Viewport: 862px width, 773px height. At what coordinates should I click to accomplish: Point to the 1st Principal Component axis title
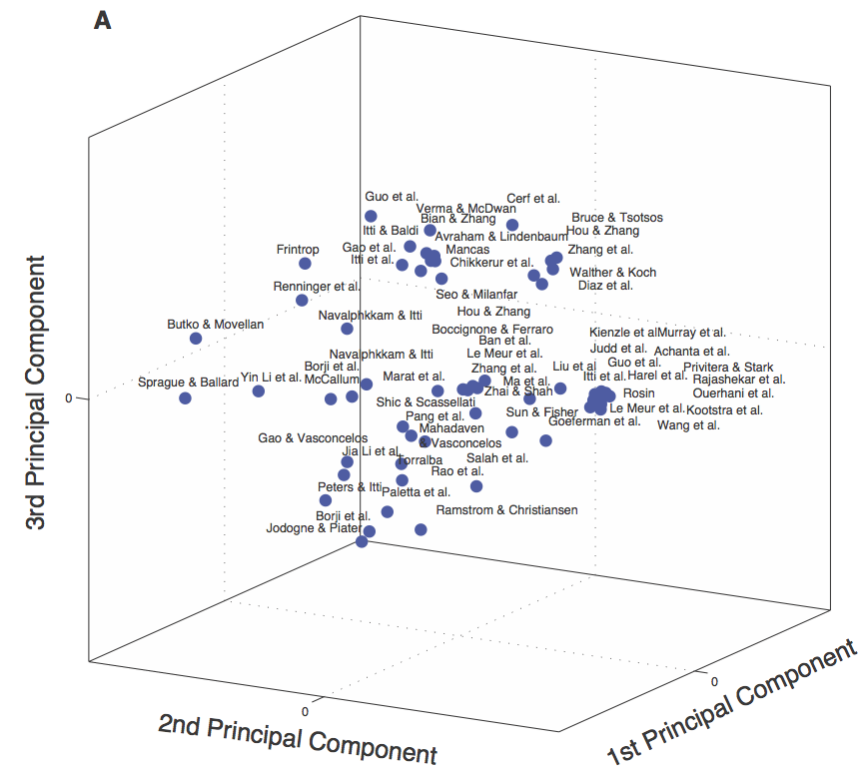[x=733, y=705]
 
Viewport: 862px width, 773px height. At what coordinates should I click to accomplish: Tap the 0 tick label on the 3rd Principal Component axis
[x=68, y=397]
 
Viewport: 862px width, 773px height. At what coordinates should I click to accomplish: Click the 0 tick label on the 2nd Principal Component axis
[x=305, y=710]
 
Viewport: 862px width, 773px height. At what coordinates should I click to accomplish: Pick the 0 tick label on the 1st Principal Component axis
[x=713, y=680]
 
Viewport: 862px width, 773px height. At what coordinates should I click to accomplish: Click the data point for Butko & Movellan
[x=196, y=339]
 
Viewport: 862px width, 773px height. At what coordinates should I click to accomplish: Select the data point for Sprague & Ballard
[x=185, y=398]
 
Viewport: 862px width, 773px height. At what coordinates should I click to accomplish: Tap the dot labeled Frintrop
[x=305, y=264]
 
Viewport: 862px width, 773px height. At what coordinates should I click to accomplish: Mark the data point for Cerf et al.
[x=512, y=225]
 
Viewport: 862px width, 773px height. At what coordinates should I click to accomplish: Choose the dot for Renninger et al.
[x=302, y=301]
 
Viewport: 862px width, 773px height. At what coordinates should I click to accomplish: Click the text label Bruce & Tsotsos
[x=616, y=218]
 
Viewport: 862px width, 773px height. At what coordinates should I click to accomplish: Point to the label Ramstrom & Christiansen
[x=506, y=510]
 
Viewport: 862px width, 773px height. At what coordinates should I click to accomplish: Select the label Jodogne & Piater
[x=313, y=528]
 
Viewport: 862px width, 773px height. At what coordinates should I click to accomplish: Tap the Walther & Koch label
[x=612, y=273]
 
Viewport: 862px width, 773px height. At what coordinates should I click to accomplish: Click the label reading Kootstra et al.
[x=724, y=410]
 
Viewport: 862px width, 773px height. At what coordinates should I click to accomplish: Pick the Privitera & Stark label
[x=727, y=368]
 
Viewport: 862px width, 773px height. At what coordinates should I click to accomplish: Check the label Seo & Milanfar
[x=476, y=294]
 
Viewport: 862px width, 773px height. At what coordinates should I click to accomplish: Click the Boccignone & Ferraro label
[x=491, y=330]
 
